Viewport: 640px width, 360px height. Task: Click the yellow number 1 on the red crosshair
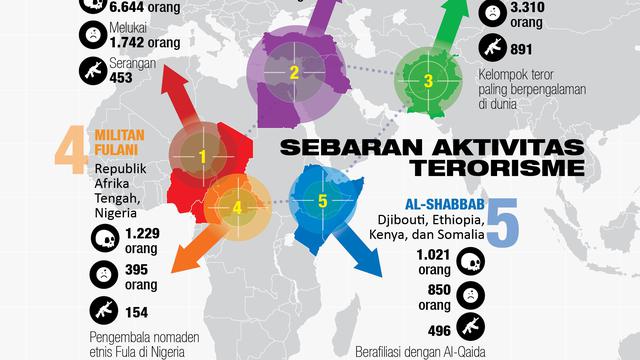point(202,156)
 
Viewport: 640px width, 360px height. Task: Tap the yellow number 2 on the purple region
point(294,71)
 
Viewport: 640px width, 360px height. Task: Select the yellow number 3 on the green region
point(428,82)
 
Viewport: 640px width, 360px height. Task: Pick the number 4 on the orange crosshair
point(237,207)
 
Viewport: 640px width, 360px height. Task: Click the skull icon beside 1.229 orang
point(102,239)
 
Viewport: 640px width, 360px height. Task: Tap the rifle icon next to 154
point(102,310)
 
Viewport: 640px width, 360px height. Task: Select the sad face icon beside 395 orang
point(102,274)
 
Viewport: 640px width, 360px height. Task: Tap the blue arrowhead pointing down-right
point(373,267)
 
